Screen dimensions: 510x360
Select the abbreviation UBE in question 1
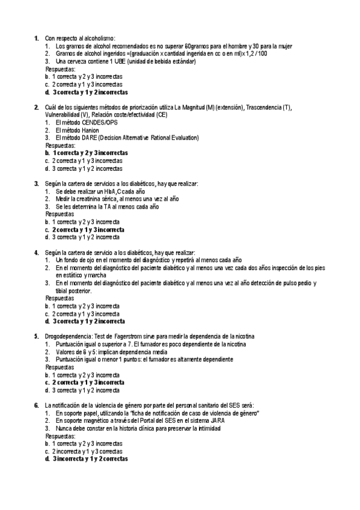pyautogui.click(x=110, y=61)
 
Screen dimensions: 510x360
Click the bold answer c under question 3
pyautogui.click(x=88, y=229)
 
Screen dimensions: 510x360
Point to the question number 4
pyautogui.click(x=37, y=252)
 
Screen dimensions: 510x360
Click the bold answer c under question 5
pyautogui.click(x=88, y=382)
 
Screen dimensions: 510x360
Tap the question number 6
pyautogui.click(x=37, y=405)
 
